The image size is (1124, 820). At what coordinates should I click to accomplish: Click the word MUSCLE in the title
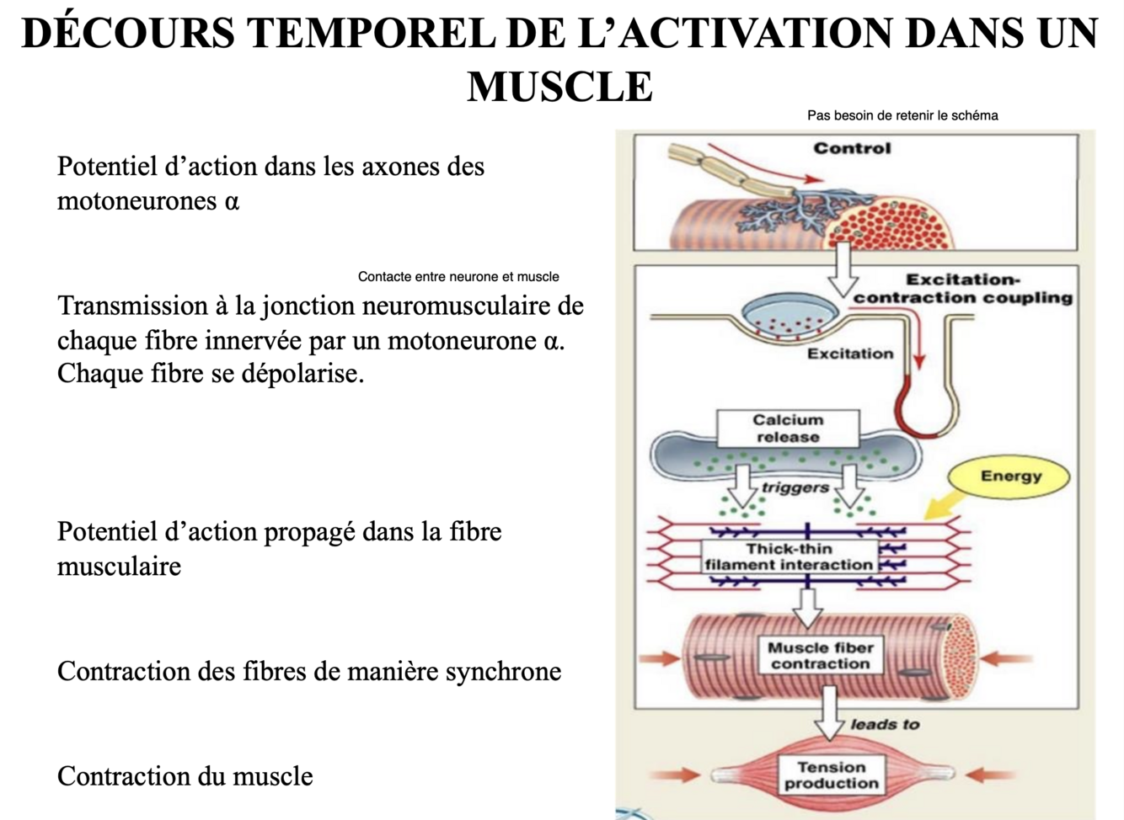point(559,86)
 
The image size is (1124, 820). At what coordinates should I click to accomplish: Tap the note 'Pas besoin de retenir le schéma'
point(902,115)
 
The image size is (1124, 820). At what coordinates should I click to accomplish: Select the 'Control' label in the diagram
point(852,148)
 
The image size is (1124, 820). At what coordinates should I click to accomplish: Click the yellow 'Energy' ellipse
point(1010,477)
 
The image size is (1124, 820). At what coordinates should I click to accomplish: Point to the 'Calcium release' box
point(788,429)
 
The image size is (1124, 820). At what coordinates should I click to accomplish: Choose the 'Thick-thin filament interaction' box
point(789,556)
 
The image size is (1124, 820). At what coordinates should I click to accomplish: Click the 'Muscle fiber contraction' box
point(820,655)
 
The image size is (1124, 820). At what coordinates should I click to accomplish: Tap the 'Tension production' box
point(831,775)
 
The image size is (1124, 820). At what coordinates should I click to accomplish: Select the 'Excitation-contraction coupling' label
point(963,288)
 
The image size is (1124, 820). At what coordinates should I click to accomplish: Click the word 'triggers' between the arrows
point(795,487)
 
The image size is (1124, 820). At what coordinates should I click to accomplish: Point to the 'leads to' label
point(885,724)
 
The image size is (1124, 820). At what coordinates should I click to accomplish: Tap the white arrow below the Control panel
point(842,269)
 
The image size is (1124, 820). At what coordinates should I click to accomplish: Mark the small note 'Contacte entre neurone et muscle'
point(458,276)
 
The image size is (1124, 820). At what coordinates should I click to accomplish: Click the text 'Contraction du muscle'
point(185,775)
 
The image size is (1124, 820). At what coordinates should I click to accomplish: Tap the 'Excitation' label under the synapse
point(850,354)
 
